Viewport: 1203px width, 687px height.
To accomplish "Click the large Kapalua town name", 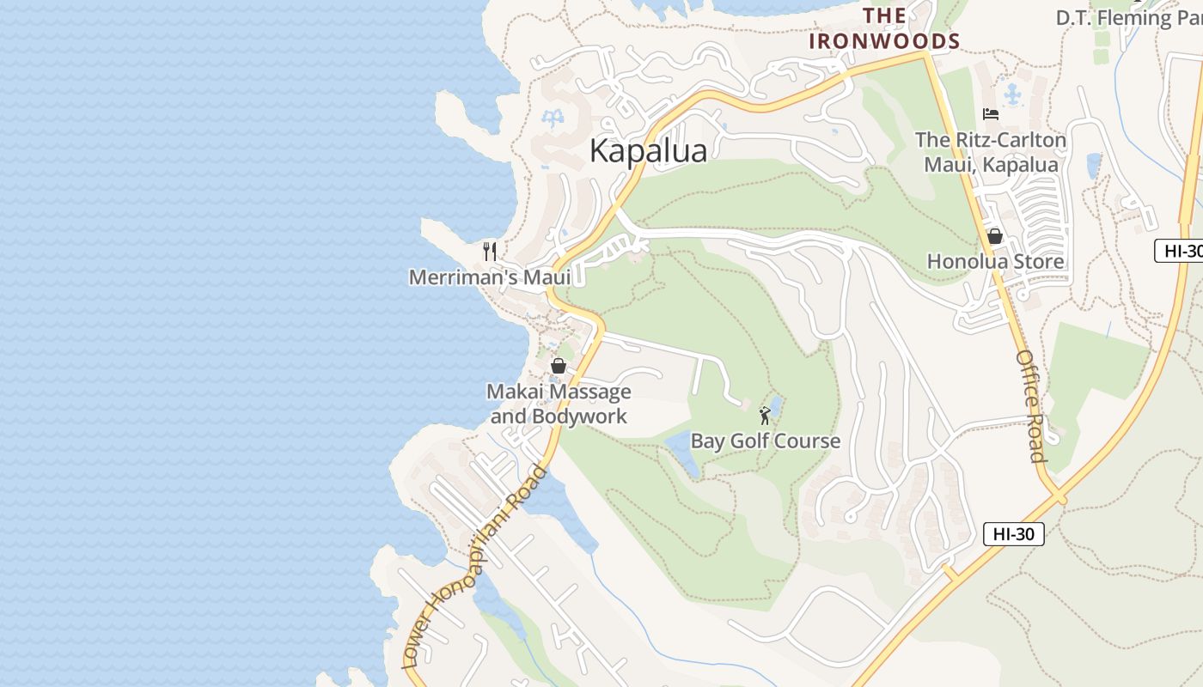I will click(649, 151).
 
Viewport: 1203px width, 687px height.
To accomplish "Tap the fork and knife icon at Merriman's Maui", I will click(490, 251).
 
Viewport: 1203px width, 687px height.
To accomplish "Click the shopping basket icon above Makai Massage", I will click(559, 366).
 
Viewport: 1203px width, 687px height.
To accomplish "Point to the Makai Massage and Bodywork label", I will click(559, 404).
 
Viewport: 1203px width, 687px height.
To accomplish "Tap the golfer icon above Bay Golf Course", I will click(765, 416).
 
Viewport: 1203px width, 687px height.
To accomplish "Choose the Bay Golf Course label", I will click(766, 441).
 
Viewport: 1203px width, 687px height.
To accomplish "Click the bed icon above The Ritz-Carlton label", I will click(990, 114).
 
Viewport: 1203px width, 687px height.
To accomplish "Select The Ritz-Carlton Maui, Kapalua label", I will click(991, 152).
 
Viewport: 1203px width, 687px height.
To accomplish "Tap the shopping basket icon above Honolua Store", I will click(995, 235).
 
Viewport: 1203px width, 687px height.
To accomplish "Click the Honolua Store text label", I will click(995, 261).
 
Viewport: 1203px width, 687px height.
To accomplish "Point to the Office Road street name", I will click(1030, 405).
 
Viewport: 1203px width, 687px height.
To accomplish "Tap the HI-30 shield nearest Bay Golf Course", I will click(1013, 534).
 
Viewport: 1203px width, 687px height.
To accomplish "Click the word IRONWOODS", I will click(884, 41).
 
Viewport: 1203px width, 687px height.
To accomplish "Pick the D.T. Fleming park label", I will click(1126, 17).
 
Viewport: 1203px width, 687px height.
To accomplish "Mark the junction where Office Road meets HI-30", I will click(1059, 497).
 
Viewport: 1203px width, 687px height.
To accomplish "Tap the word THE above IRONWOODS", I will click(884, 15).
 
